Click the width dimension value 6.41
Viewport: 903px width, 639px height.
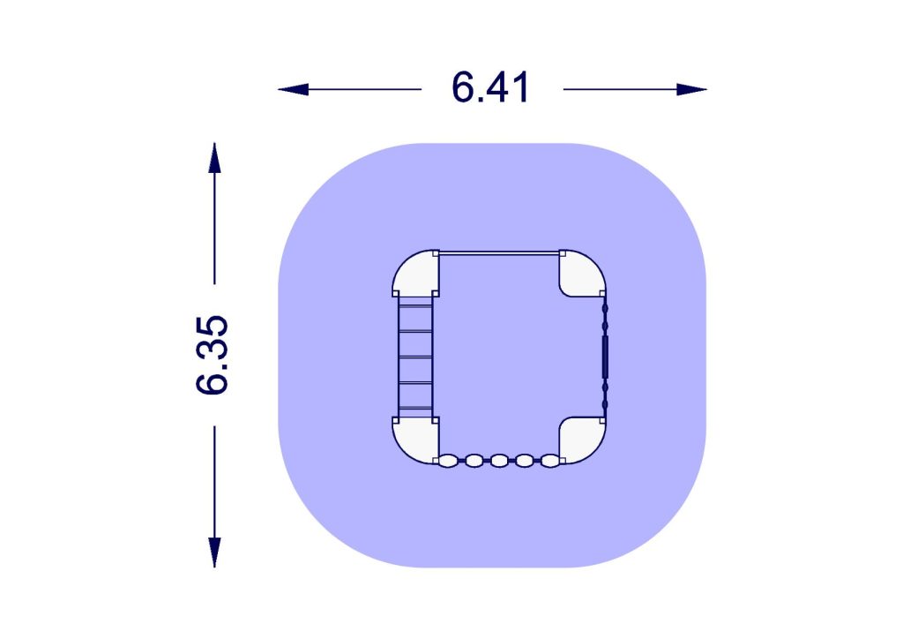[490, 88]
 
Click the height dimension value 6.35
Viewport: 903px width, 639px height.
[212, 355]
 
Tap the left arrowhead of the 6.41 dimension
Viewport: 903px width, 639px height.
[293, 89]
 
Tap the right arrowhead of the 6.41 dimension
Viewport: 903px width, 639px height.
[691, 89]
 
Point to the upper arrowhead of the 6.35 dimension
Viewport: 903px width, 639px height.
[214, 158]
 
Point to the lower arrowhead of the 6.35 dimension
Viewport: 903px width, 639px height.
[214, 552]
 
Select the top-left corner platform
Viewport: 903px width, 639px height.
[416, 273]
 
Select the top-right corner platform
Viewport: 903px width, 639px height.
[582, 273]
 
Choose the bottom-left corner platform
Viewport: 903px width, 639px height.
[416, 440]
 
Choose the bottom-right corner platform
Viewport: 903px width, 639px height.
[582, 440]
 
